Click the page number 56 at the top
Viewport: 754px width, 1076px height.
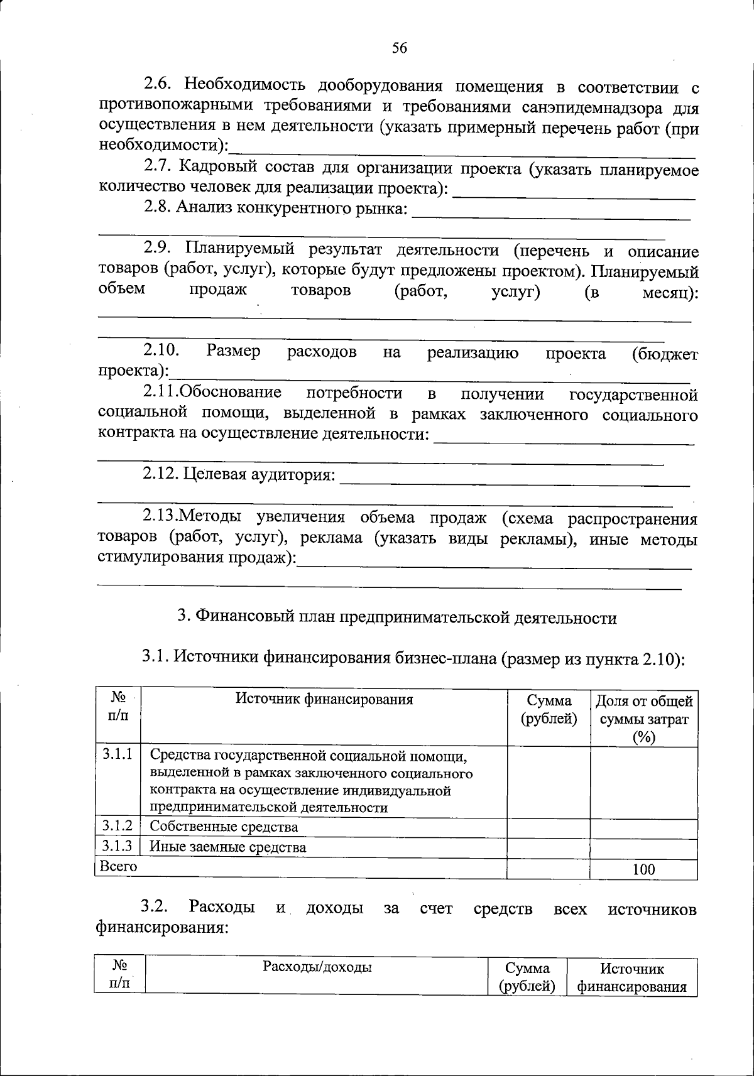(400, 48)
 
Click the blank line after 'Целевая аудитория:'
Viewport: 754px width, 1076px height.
(514, 482)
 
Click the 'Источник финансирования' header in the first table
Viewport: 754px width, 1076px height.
(324, 699)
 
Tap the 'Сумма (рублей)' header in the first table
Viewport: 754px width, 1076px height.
(549, 709)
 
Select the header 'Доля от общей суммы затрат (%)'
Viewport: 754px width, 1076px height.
(644, 719)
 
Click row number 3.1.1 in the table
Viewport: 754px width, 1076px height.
(117, 754)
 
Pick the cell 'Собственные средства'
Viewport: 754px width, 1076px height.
(224, 827)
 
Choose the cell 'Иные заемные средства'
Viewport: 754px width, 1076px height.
(227, 847)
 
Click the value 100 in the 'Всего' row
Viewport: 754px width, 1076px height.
(643, 869)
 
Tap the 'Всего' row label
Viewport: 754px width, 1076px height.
(118, 866)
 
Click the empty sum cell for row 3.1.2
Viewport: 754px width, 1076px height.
(548, 828)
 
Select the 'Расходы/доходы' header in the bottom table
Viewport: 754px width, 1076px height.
(317, 967)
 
